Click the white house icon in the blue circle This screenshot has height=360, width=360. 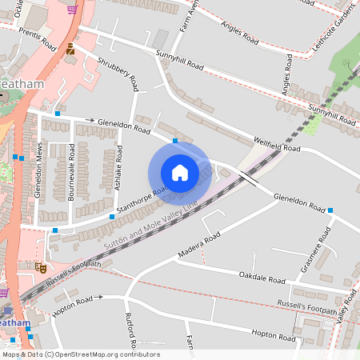[x=179, y=173]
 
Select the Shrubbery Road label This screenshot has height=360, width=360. [x=118, y=74]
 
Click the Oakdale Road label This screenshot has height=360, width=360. [x=262, y=278]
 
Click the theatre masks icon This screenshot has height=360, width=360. [x=40, y=266]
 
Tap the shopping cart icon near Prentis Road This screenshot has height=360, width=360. [x=72, y=10]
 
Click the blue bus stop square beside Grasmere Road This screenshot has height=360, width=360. [x=330, y=210]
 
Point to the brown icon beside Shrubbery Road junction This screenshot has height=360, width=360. [x=70, y=49]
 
